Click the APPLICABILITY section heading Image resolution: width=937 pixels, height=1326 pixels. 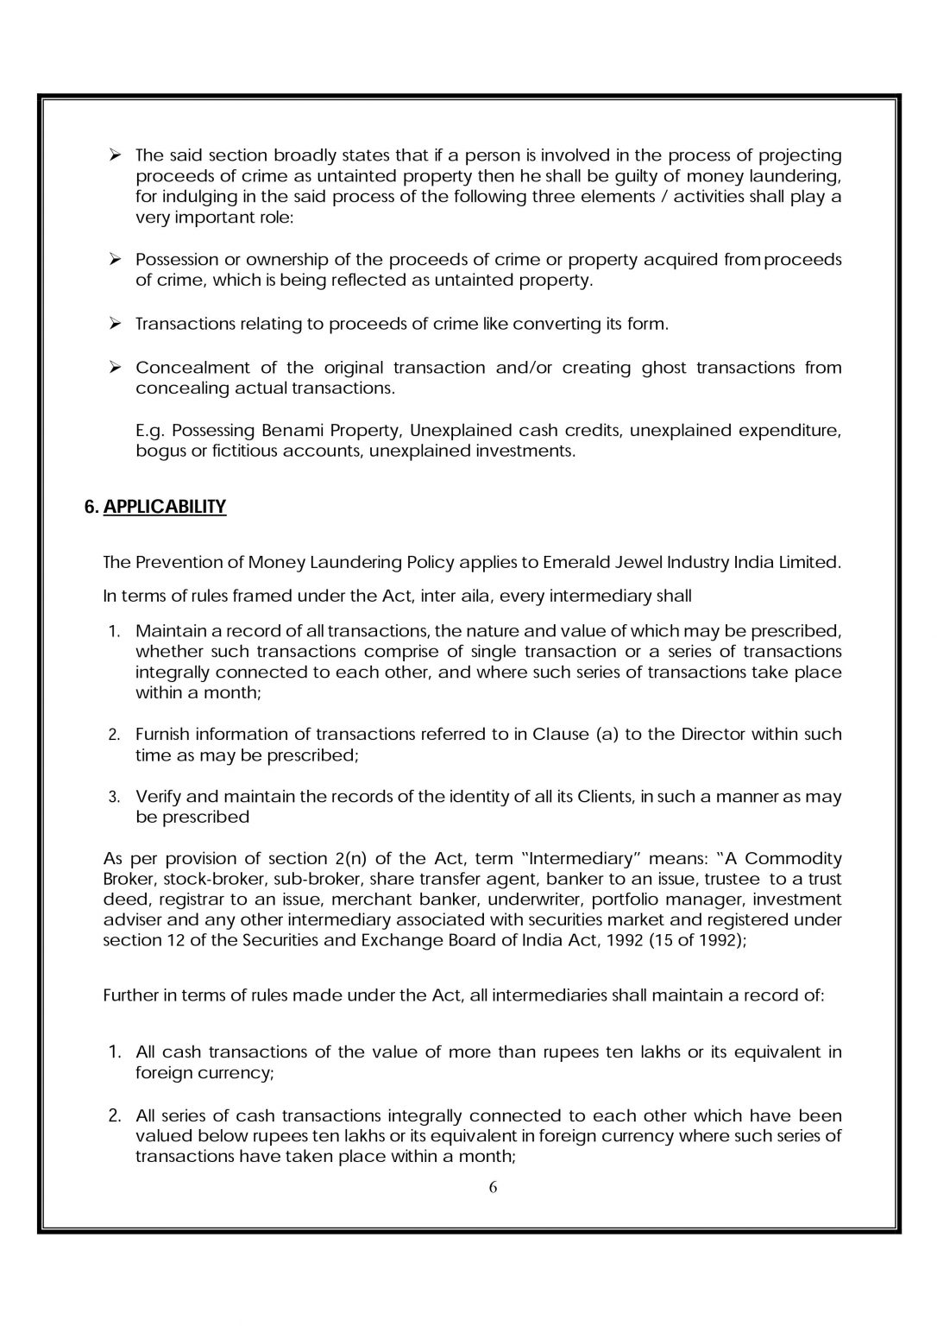[x=164, y=507]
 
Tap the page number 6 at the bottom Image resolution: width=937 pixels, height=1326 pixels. [x=494, y=1187]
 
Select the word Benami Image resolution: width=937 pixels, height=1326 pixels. [x=353, y=430]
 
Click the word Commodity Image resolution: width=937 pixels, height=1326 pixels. [x=792, y=858]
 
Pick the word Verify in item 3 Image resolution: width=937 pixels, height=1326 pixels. [x=158, y=796]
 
